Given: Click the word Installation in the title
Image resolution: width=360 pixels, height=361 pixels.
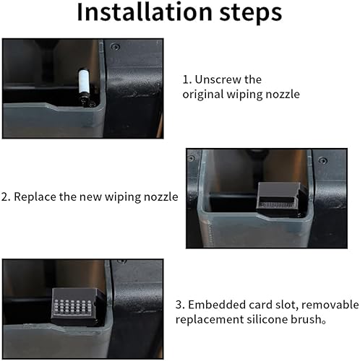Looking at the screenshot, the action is [145, 12].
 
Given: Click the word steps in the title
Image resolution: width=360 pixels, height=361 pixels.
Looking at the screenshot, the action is [251, 13].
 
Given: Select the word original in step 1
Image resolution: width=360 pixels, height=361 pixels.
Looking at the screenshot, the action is [203, 94].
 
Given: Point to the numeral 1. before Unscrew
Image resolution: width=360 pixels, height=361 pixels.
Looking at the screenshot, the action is [187, 79].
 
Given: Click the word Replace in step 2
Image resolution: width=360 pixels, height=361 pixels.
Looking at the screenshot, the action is [35, 197].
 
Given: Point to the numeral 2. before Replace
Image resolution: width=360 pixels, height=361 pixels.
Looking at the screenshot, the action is [6, 197].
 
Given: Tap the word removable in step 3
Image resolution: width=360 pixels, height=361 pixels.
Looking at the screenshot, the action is [330, 305].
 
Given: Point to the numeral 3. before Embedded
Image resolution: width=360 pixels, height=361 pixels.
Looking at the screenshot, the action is [180, 305].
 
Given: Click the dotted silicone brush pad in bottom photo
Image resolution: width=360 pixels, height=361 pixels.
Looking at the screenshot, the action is [72, 308].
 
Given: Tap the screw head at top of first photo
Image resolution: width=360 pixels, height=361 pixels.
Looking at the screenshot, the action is [116, 47].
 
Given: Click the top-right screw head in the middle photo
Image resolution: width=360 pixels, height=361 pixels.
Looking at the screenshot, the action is [323, 160].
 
